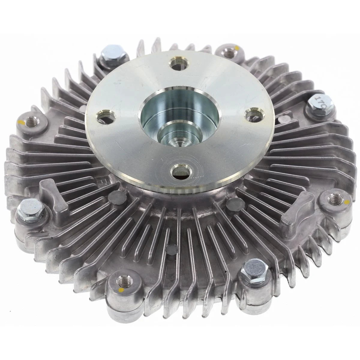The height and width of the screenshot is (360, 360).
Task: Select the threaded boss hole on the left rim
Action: (29, 121)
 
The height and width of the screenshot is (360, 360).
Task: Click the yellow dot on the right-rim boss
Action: (347, 201)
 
